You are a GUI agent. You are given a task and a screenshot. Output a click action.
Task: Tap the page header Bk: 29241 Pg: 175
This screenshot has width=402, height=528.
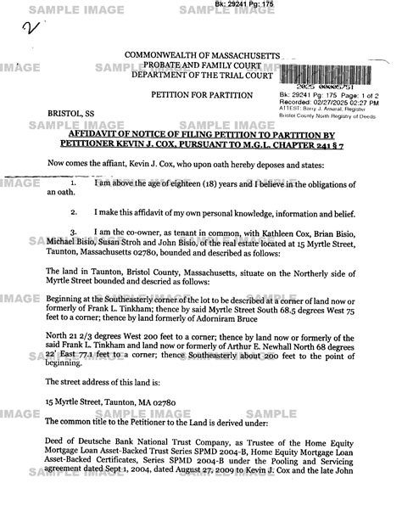201,5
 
